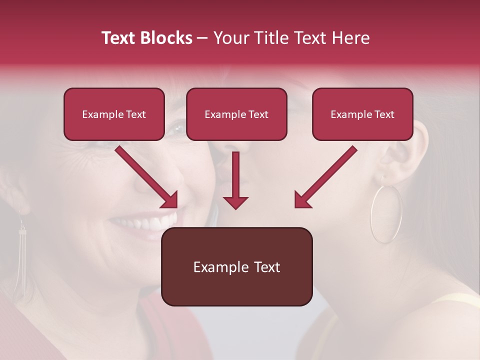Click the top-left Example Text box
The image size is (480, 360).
coord(114,114)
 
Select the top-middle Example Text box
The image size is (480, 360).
coord(236,114)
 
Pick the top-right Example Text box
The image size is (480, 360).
coord(362,114)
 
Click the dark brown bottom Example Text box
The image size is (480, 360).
coord(236,267)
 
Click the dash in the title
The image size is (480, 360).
coord(203,38)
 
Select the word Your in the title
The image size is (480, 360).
coord(230,38)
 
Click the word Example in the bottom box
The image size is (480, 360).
coord(215,267)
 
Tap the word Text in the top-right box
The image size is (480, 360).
coord(384,114)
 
